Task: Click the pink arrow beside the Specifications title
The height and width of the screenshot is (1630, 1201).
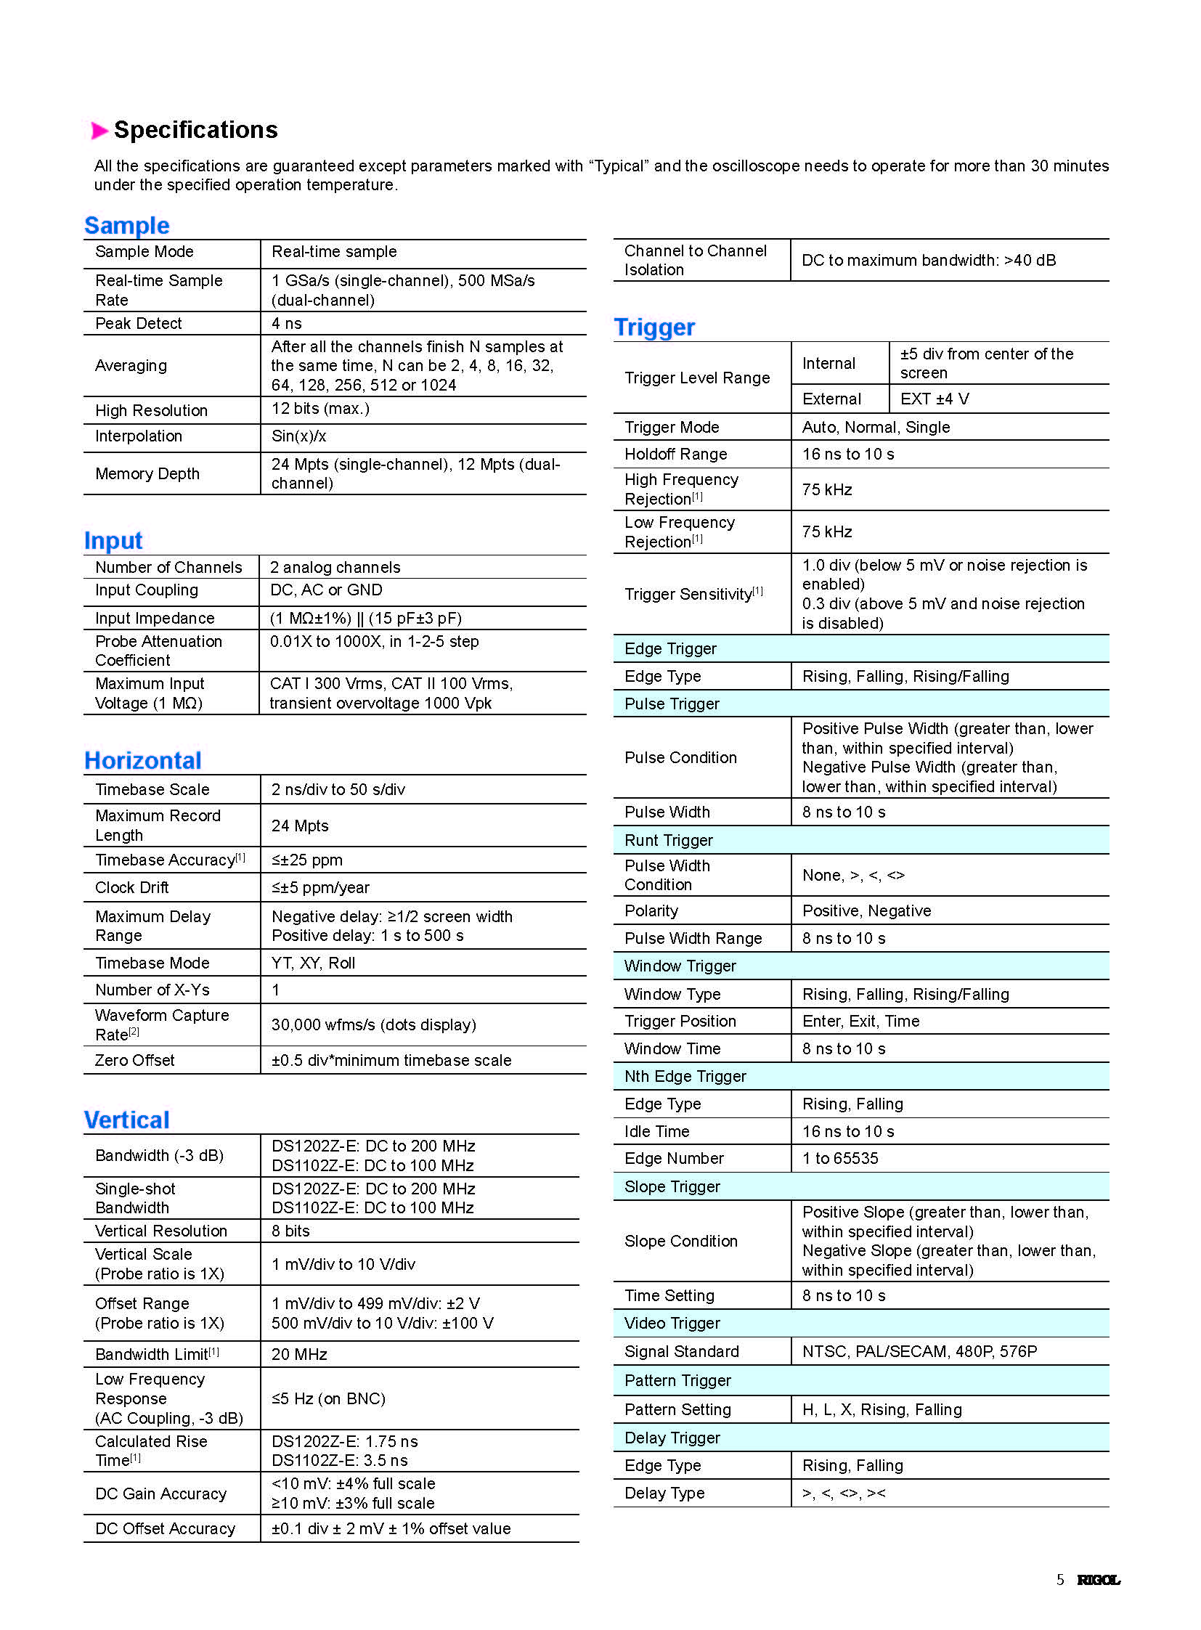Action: [99, 131]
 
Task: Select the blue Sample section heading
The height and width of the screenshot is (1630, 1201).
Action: [126, 225]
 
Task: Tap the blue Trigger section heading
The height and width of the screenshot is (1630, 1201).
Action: [654, 327]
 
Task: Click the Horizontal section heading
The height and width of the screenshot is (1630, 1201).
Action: [142, 760]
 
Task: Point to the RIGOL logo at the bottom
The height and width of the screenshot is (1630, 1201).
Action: [1098, 1580]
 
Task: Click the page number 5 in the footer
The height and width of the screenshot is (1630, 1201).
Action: [1060, 1580]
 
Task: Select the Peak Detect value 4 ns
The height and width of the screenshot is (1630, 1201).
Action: [286, 324]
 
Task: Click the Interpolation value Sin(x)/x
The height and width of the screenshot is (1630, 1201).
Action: [298, 436]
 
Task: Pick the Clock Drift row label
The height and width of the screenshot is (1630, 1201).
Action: [131, 888]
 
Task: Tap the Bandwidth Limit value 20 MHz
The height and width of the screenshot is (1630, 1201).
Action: [299, 1354]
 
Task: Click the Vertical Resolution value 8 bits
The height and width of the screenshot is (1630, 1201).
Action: [290, 1231]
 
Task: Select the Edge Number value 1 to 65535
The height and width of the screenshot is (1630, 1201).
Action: [840, 1158]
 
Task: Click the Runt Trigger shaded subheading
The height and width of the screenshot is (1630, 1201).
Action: [669, 841]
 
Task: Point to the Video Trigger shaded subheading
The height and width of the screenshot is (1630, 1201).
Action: [672, 1323]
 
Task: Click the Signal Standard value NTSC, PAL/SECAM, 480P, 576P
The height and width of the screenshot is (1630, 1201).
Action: [920, 1351]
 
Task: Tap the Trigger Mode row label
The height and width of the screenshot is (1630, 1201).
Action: [672, 428]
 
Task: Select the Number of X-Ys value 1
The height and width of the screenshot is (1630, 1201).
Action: [275, 990]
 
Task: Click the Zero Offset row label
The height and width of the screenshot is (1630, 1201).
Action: [134, 1061]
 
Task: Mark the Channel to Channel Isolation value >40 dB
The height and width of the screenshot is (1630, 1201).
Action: [929, 260]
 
